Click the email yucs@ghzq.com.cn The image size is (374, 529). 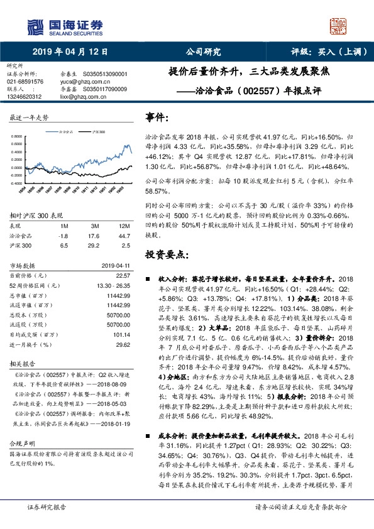coord(79,81)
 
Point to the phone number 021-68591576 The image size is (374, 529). coord(25,81)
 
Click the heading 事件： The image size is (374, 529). coord(157,117)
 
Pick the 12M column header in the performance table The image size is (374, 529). coord(124,224)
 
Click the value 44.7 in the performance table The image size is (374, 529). coord(123,234)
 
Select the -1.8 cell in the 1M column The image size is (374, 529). coord(63,234)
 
